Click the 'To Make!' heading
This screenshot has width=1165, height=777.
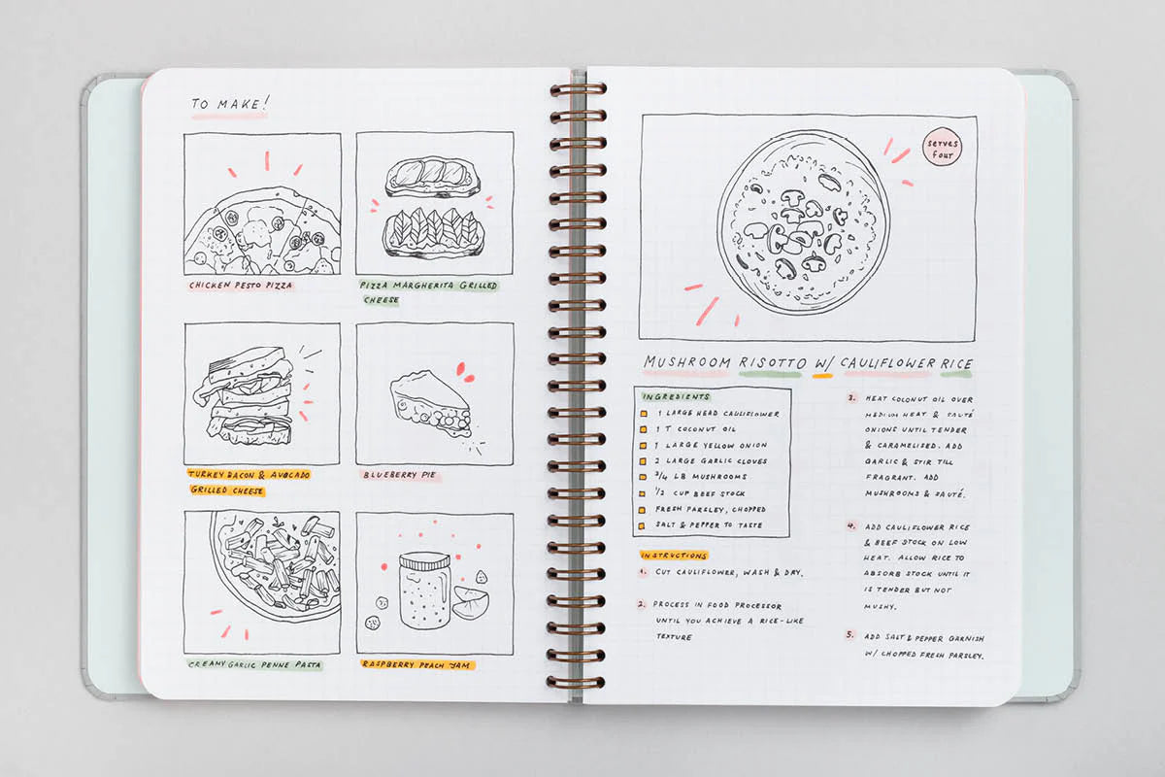[229, 104]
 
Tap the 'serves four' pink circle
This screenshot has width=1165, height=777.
[942, 148]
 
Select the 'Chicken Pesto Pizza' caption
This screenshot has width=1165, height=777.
[241, 286]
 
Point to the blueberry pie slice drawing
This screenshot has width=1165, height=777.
[431, 404]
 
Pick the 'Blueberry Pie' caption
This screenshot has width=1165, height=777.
[399, 475]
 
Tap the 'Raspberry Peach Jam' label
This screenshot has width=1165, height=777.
[416, 664]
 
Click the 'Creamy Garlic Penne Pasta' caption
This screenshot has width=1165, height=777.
[254, 664]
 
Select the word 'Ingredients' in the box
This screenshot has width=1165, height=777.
[676, 397]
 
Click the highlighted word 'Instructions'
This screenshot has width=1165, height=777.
[674, 556]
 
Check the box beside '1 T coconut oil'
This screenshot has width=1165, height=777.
[644, 429]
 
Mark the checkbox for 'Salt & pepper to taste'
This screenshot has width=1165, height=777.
[642, 526]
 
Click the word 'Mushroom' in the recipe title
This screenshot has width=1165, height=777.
[686, 362]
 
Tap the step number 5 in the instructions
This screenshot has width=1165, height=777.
[849, 635]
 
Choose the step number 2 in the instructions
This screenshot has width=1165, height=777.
[642, 604]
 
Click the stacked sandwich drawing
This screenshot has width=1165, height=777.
[246, 396]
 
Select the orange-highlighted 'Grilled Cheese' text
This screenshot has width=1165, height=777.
[227, 490]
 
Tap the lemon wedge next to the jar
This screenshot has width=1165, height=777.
[470, 602]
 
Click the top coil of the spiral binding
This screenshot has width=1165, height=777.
[578, 90]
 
